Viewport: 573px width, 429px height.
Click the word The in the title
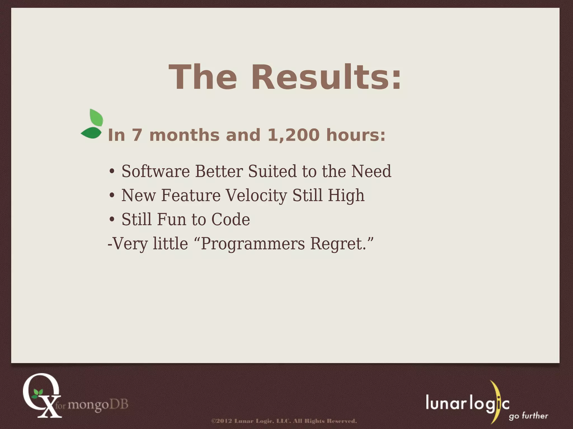pyautogui.click(x=203, y=77)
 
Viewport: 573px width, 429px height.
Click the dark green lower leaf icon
pyautogui.click(x=91, y=133)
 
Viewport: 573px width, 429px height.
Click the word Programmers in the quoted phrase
pyautogui.click(x=253, y=244)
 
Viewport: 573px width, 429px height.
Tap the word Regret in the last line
pyautogui.click(x=338, y=244)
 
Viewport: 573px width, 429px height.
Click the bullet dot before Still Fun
pyautogui.click(x=112, y=220)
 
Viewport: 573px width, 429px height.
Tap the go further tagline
pyautogui.click(x=528, y=416)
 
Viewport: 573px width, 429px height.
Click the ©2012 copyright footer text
pyautogui.click(x=284, y=421)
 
